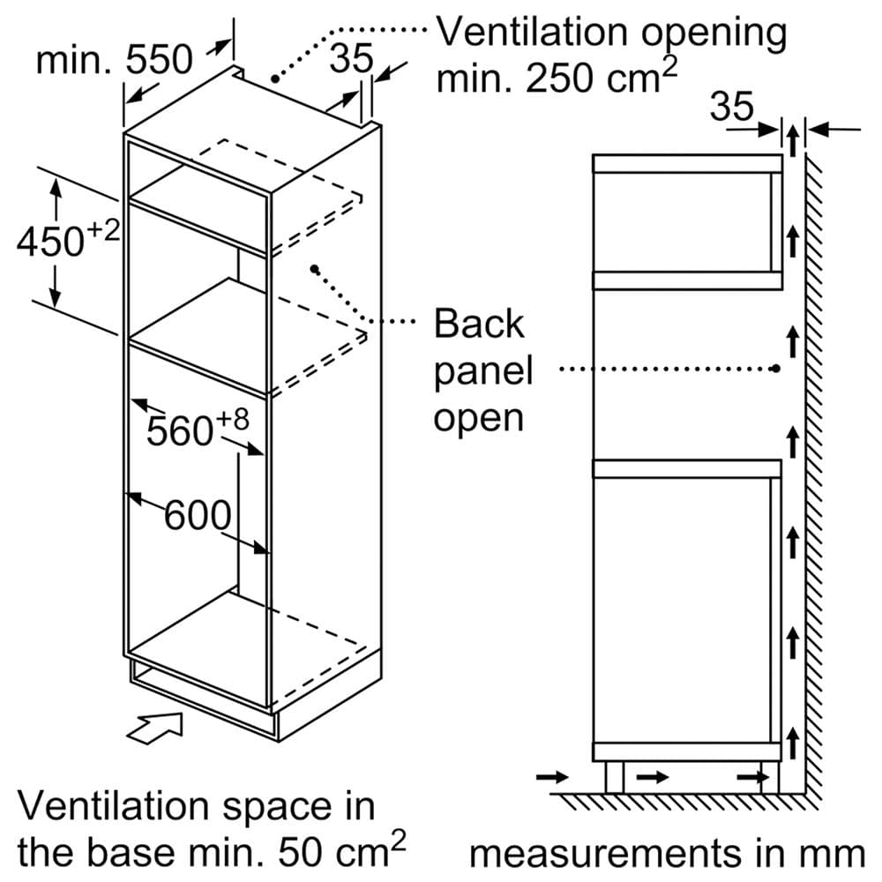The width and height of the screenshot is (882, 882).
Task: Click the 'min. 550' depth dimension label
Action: [x=114, y=60]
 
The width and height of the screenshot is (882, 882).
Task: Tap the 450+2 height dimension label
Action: [x=67, y=239]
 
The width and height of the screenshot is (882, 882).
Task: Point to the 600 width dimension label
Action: [x=198, y=515]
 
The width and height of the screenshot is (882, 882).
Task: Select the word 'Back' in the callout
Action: [x=479, y=325]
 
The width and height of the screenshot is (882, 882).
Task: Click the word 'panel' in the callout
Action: [x=482, y=371]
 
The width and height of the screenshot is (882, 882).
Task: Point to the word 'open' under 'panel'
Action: [x=478, y=417]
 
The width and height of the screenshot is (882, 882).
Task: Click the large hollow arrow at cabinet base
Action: [x=155, y=727]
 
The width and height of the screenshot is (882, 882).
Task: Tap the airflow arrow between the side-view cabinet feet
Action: [x=652, y=777]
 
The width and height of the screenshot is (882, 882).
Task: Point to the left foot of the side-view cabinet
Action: [x=615, y=777]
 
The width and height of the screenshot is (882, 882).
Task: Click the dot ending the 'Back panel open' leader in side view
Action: [x=775, y=369]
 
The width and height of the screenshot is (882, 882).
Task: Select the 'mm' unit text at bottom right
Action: [x=836, y=853]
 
